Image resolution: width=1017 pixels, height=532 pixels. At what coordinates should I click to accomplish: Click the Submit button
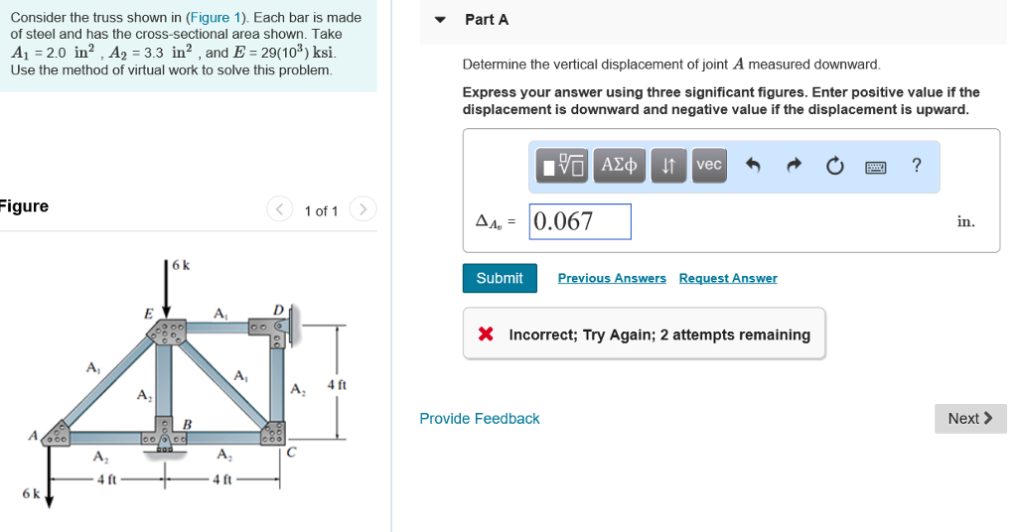(x=500, y=278)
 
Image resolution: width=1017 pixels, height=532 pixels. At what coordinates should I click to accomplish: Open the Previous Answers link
(x=612, y=278)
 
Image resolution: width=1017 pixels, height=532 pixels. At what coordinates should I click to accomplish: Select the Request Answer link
(x=728, y=278)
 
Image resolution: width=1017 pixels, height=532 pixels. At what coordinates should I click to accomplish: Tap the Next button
(x=970, y=419)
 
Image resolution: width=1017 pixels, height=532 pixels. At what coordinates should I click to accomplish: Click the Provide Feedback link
(x=480, y=419)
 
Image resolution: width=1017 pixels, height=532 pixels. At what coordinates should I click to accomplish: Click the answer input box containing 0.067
(x=581, y=221)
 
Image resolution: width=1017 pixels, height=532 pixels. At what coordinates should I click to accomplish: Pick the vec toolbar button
(x=709, y=165)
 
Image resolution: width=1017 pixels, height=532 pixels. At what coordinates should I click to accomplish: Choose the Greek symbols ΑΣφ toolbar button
(x=621, y=165)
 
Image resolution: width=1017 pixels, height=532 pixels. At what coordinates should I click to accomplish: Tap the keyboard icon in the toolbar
(x=875, y=167)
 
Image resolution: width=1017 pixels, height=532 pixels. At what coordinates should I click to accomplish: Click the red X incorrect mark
(x=486, y=334)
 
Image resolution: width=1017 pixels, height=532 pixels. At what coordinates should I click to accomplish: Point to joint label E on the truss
(x=149, y=314)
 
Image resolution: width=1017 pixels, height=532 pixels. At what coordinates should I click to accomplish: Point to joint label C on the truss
(x=290, y=454)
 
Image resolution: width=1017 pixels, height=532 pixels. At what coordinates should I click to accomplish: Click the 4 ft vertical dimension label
(x=337, y=384)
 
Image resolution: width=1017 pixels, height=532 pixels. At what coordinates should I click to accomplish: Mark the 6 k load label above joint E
(x=181, y=265)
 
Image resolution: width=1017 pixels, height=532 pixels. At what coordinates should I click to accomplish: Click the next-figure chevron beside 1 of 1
(x=364, y=209)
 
